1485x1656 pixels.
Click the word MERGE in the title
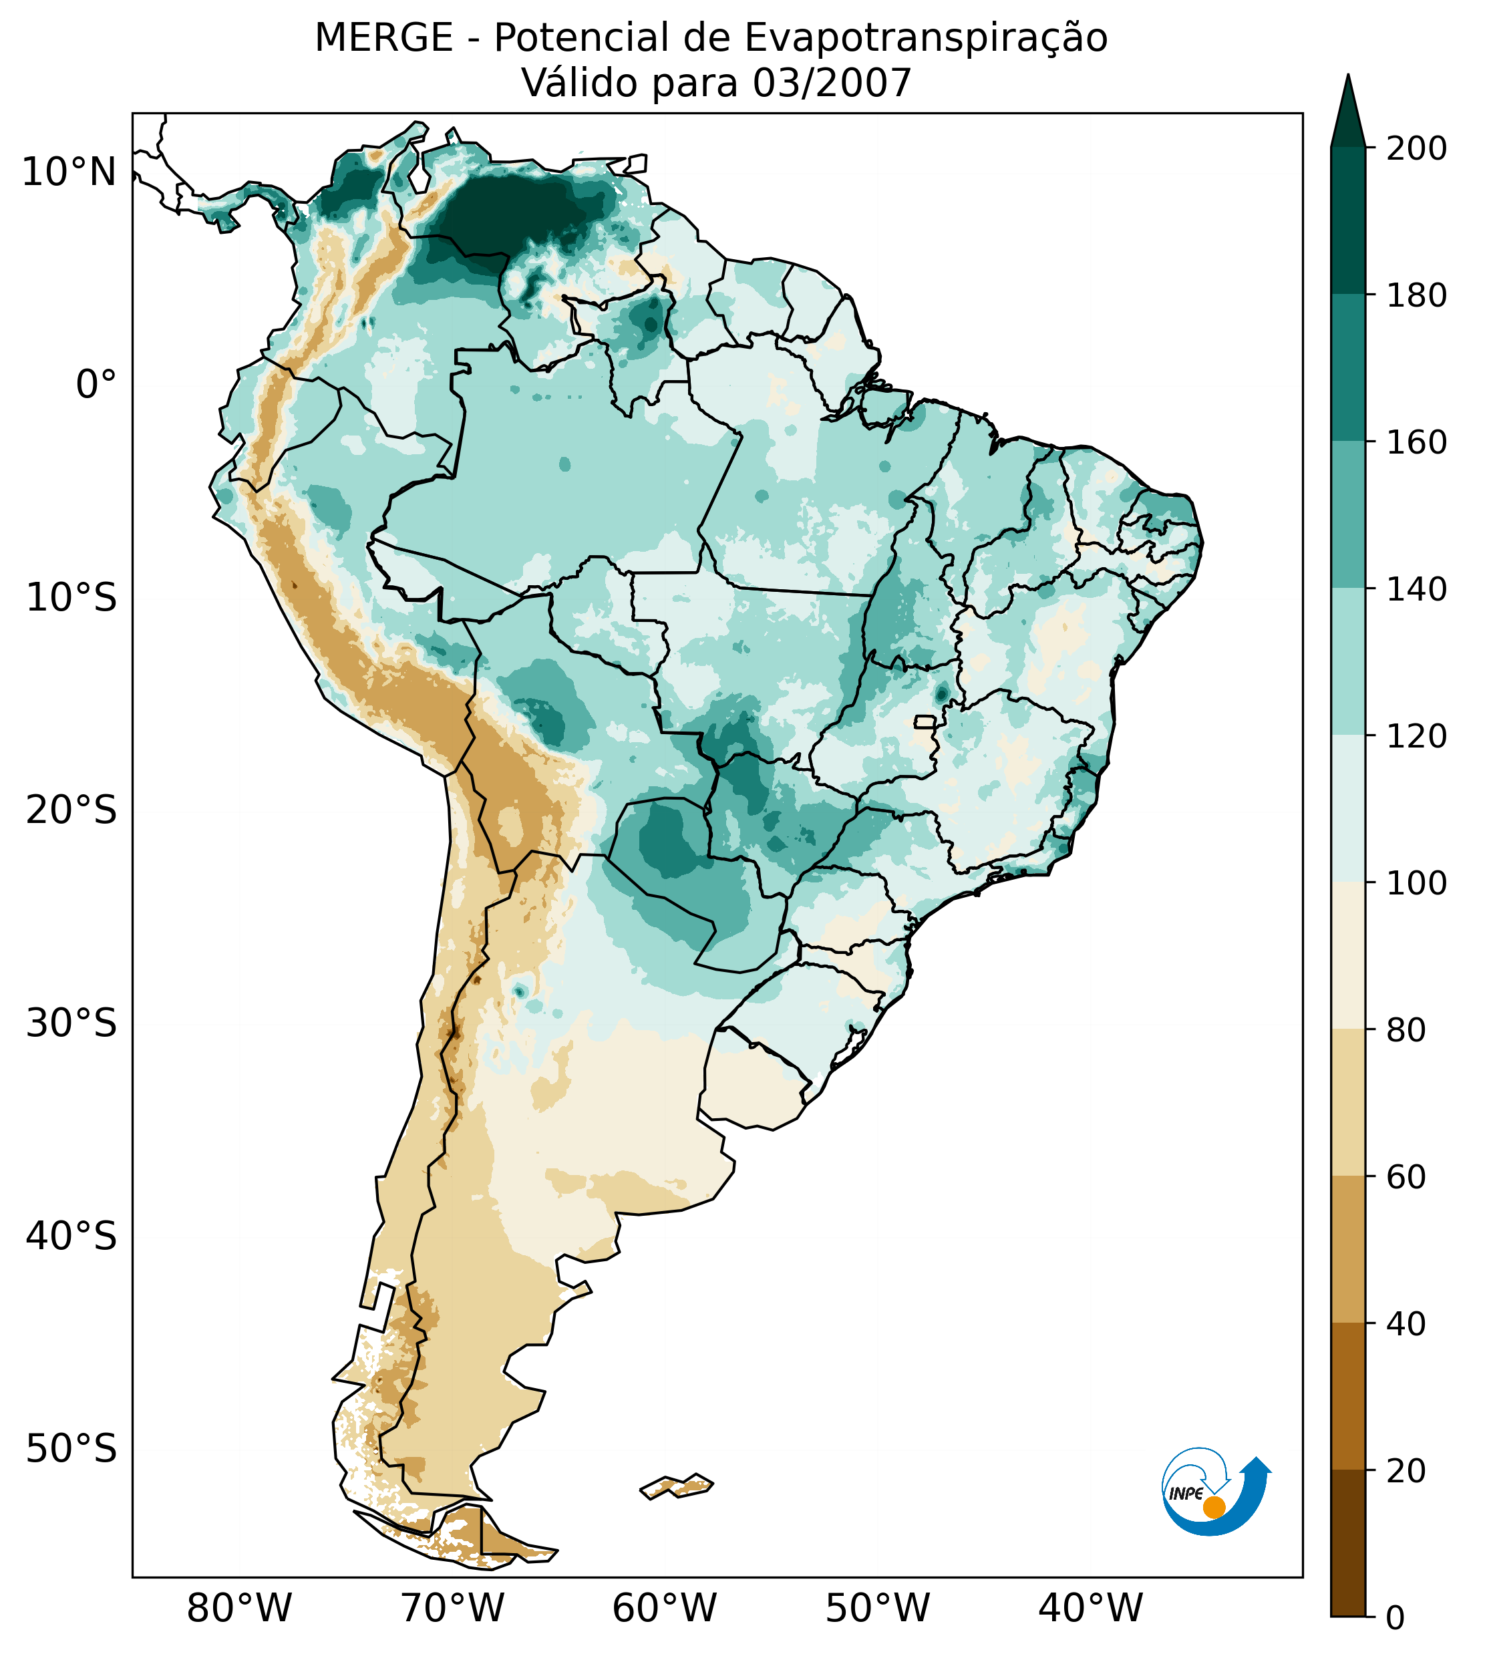pyautogui.click(x=383, y=38)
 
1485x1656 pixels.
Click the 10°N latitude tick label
pyautogui.click(x=69, y=173)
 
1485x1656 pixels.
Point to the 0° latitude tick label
pyautogui.click(x=96, y=385)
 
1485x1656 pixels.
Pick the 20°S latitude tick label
pyautogui.click(x=71, y=811)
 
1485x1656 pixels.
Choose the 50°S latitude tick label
pyautogui.click(x=71, y=1449)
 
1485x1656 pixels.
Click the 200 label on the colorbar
pyautogui.click(x=1416, y=149)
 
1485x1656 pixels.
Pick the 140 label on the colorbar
pyautogui.click(x=1416, y=590)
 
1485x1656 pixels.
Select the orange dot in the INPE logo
pyautogui.click(x=1214, y=1507)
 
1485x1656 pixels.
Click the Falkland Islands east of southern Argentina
pyautogui.click(x=677, y=1486)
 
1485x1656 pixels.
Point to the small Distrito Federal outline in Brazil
pyautogui.click(x=925, y=722)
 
